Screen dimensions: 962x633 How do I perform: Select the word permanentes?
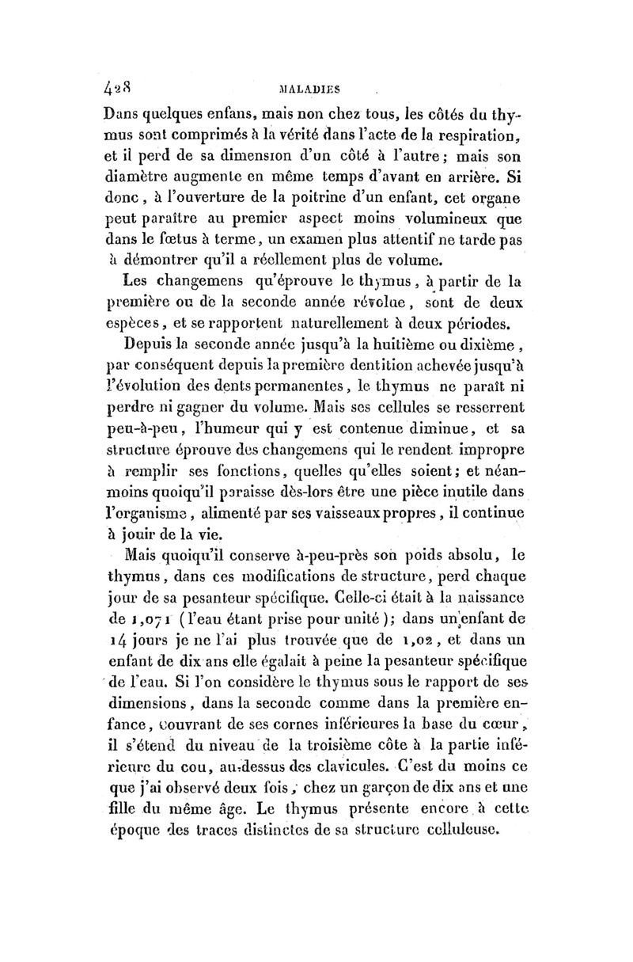(x=286, y=387)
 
